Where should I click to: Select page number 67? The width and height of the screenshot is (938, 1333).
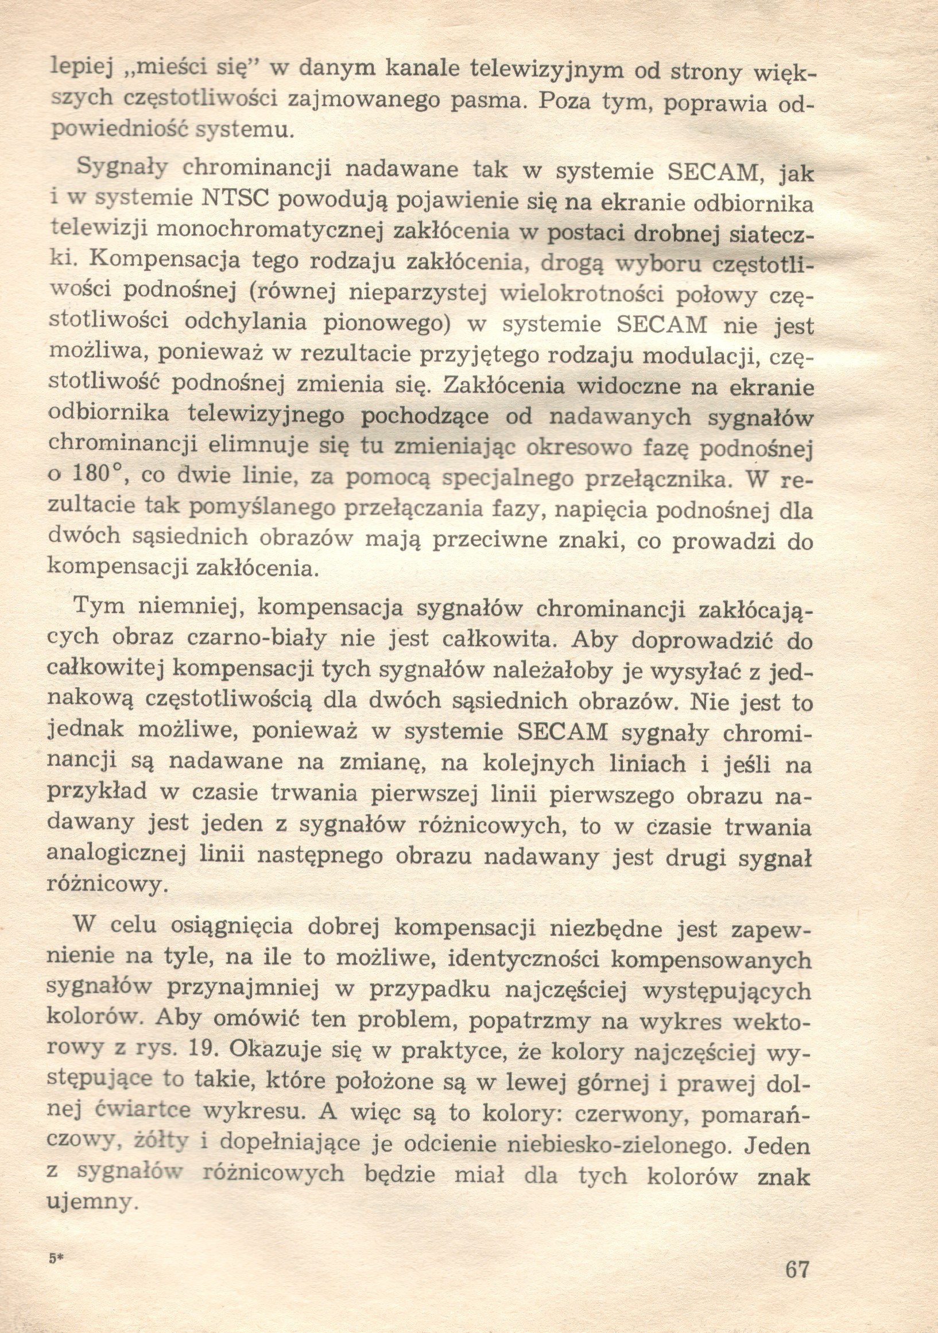click(797, 1270)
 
